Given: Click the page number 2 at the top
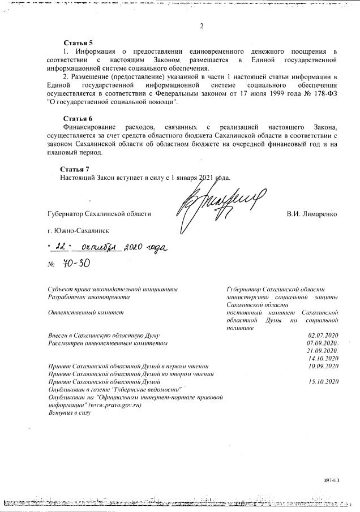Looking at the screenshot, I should [x=201, y=26].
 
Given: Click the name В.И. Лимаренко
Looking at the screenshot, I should [x=312, y=214].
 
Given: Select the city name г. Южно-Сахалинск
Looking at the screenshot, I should [x=79, y=231].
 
